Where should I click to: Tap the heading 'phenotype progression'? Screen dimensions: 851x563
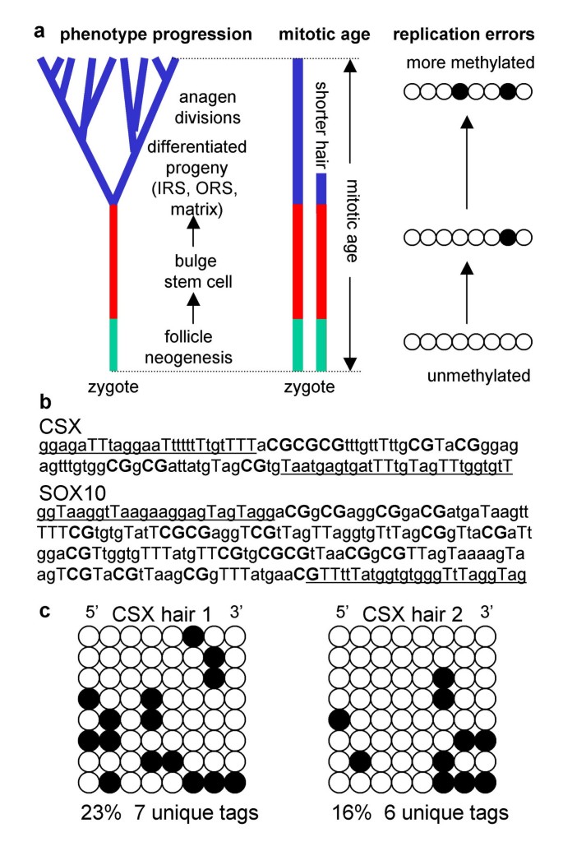tap(156, 34)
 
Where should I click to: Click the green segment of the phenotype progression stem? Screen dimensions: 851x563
tap(115, 345)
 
